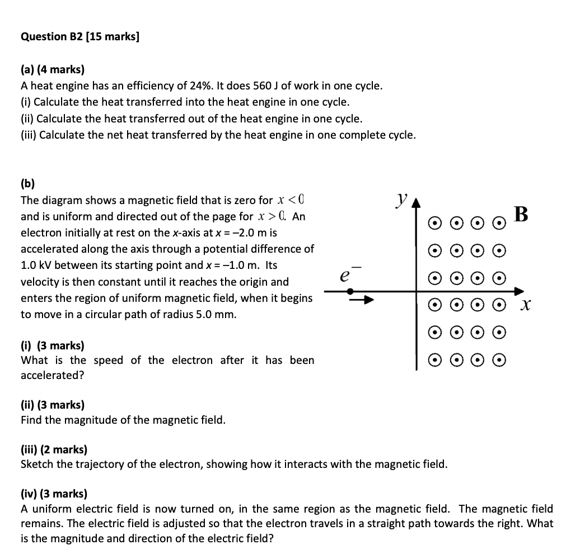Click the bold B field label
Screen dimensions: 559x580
[x=521, y=214]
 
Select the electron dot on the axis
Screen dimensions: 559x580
[x=350, y=291]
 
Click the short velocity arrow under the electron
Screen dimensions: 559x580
[x=362, y=301]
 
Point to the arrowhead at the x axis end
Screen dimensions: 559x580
[x=519, y=291]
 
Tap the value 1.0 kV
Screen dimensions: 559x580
[x=36, y=265]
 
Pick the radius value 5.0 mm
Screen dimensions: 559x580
[x=218, y=314]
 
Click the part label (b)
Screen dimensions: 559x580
[x=27, y=183]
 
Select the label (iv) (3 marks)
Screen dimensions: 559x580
[x=54, y=494]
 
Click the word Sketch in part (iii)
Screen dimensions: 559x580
[x=37, y=464]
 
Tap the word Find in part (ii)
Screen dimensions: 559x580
[x=31, y=419]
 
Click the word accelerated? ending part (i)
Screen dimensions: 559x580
[x=52, y=375]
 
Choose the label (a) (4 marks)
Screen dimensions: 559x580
[x=53, y=70]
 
